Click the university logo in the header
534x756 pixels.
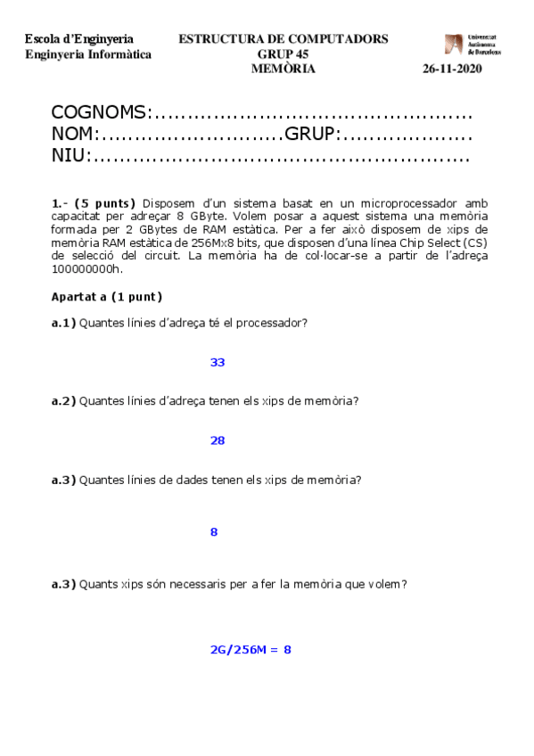click(x=472, y=45)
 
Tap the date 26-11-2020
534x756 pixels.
click(x=452, y=70)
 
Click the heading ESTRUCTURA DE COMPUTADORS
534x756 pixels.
click(x=283, y=39)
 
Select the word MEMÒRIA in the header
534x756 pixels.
click(x=283, y=69)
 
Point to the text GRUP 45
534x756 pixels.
click(x=283, y=54)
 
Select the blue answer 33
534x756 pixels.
click(x=218, y=362)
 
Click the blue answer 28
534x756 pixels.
click(x=218, y=440)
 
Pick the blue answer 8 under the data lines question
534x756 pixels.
click(x=214, y=532)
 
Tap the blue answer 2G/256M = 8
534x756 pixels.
click(x=251, y=649)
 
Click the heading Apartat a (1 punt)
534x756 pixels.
click(x=107, y=297)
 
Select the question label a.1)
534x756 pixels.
click(x=63, y=323)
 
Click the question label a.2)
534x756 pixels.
click(x=63, y=401)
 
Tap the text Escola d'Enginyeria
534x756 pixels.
click(x=79, y=39)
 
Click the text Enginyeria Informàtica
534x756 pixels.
click(x=87, y=54)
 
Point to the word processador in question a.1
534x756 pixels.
click(x=273, y=323)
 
